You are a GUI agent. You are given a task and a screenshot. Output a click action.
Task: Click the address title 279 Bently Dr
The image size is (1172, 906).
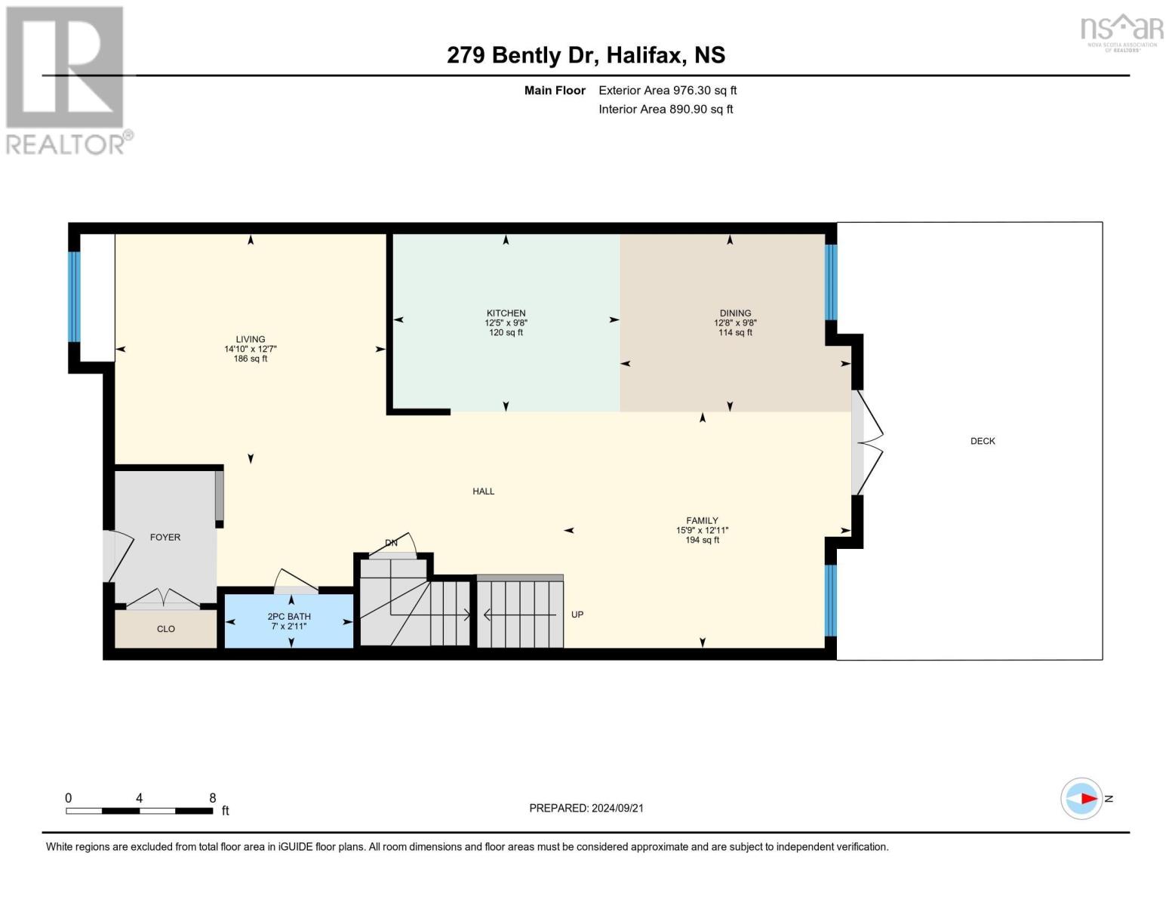pos(586,55)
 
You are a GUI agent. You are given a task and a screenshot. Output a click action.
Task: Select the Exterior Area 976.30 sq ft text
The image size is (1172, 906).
pos(667,91)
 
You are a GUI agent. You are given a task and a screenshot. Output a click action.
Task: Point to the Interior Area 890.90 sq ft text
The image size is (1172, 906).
pos(666,109)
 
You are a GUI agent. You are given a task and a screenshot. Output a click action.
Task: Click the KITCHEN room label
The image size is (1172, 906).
pos(506,313)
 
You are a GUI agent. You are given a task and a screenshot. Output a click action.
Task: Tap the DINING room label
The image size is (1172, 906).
pos(735,313)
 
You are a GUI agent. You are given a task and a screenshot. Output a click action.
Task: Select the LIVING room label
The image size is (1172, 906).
pos(250,340)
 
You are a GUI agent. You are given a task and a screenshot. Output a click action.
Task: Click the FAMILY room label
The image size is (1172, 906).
pos(702,521)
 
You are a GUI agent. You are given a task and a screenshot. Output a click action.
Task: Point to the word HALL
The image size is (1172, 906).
pos(483,492)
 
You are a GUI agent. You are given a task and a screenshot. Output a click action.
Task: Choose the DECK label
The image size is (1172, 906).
pos(983,441)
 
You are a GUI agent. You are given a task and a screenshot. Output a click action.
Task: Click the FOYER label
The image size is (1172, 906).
pos(165,538)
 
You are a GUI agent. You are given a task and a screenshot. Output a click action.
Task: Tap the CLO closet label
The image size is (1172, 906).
pos(166,629)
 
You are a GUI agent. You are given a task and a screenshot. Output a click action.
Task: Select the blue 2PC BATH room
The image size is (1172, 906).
pos(289,621)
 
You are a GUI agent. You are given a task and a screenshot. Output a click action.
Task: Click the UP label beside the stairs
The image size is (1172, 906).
pos(577,615)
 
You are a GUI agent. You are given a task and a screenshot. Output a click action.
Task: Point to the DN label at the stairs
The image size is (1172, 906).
pos(391,543)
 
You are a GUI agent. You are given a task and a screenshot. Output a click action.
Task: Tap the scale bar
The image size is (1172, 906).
pos(140,811)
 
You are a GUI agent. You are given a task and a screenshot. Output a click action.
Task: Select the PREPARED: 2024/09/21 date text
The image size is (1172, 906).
pos(586,808)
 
